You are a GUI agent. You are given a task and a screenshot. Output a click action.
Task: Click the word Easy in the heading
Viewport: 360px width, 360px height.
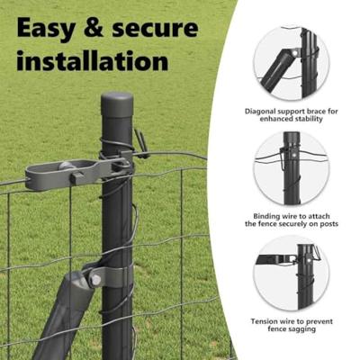point(46,29)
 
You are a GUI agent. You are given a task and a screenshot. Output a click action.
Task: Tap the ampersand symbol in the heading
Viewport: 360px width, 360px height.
point(94,28)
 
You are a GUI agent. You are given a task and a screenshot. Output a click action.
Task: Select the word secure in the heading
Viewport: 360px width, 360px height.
point(155,30)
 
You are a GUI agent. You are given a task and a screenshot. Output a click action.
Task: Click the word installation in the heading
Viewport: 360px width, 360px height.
point(92,60)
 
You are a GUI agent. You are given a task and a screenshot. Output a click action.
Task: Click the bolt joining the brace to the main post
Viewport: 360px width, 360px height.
point(95,280)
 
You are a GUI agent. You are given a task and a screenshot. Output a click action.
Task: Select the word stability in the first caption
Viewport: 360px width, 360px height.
point(309,119)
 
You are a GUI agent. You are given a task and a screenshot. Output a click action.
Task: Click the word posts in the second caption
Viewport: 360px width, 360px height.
point(328,224)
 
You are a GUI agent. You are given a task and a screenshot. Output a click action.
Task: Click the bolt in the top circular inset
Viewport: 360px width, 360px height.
point(295,53)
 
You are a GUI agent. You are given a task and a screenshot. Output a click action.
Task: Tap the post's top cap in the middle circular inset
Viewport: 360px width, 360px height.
point(292,138)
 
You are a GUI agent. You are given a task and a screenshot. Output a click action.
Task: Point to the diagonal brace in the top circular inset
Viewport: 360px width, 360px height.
point(277,69)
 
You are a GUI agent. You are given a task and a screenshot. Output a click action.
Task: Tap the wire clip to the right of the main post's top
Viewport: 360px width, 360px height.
point(141,143)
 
